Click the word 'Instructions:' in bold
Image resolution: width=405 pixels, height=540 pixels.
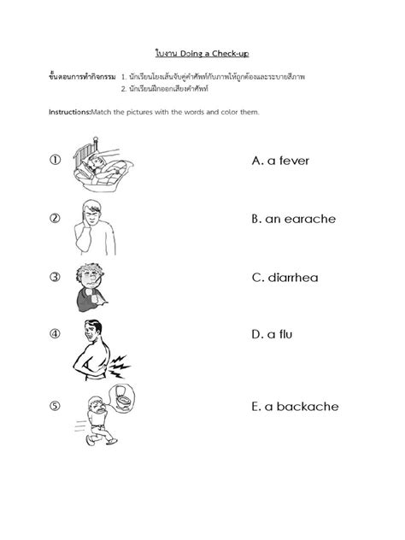73,112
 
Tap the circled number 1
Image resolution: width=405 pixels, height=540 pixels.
55,160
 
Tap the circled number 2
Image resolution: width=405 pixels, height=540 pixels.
55,218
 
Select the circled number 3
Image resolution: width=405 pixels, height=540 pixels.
55,276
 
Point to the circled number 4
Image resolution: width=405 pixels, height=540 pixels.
55,334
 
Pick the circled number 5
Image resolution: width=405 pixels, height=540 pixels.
55,406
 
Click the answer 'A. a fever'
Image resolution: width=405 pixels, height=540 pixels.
280,161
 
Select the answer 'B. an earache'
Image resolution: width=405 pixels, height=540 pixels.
293,219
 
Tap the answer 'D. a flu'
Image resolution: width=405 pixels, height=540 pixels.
272,335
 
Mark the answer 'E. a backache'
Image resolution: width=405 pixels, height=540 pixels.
295,407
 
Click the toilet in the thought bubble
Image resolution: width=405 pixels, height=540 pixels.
124,398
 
